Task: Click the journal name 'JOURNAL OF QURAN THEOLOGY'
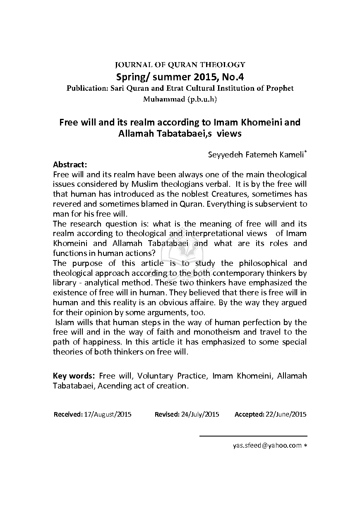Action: [180, 65]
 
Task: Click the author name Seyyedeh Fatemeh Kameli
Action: [256, 155]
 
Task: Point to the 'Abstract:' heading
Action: [70, 164]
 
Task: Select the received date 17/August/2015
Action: [108, 414]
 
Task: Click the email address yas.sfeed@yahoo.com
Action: [267, 446]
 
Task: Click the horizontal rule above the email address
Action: [253, 436]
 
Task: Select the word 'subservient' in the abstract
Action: [268, 204]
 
